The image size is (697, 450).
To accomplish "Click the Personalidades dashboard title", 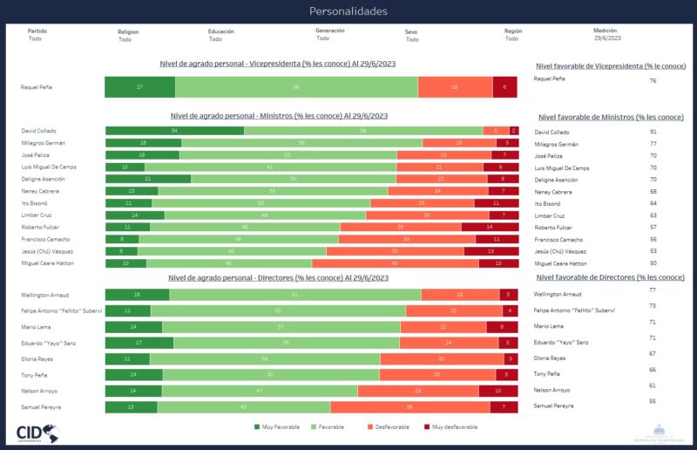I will tap(348, 11).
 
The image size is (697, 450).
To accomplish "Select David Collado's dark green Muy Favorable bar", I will tap(174, 131).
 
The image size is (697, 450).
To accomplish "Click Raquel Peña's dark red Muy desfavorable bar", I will tap(504, 87).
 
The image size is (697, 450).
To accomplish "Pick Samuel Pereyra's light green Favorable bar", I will tap(243, 406).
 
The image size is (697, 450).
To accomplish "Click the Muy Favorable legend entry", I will tap(278, 427).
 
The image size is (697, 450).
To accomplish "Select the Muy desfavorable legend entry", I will tap(452, 427).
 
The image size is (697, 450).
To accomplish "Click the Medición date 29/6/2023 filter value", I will tap(607, 38).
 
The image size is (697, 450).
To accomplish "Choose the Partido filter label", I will tap(37, 31).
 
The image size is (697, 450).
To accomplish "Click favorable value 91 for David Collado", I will tap(653, 132).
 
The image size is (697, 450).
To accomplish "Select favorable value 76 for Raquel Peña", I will tap(653, 80).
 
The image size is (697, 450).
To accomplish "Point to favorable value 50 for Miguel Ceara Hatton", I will tap(653, 262).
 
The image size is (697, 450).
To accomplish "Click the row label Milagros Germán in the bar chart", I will tap(44, 143).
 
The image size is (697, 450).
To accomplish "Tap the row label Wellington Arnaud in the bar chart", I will tap(44, 295).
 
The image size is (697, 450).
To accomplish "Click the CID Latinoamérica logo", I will tap(37, 432).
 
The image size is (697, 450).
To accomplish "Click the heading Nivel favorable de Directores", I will tap(610, 277).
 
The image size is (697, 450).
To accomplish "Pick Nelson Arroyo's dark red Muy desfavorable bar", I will tap(497, 391).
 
